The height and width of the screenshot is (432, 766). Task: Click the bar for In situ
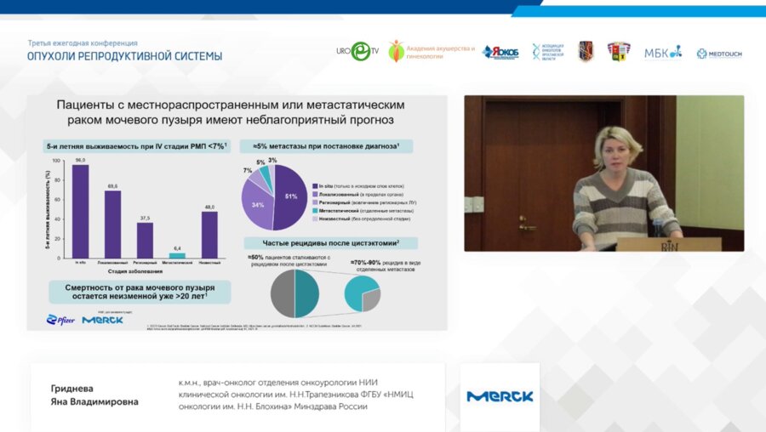pos(80,211)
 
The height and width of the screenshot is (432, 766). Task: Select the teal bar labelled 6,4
pos(177,255)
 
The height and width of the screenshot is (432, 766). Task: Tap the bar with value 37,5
pos(145,240)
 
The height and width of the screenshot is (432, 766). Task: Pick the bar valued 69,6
pos(112,224)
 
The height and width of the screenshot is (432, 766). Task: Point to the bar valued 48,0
pos(209,235)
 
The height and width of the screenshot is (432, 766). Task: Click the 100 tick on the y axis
pos(56,161)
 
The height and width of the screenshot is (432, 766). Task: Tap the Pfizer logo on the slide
pos(60,319)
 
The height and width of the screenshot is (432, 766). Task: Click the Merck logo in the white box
pos(500,396)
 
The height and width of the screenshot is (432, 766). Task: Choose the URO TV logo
pos(357,52)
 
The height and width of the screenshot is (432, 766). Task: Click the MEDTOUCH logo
pos(719,54)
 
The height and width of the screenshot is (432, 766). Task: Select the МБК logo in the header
pos(662,53)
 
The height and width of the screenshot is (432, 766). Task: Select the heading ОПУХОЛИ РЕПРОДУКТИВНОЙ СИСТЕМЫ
pos(124,56)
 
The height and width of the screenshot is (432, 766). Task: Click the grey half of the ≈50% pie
pos(283,293)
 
